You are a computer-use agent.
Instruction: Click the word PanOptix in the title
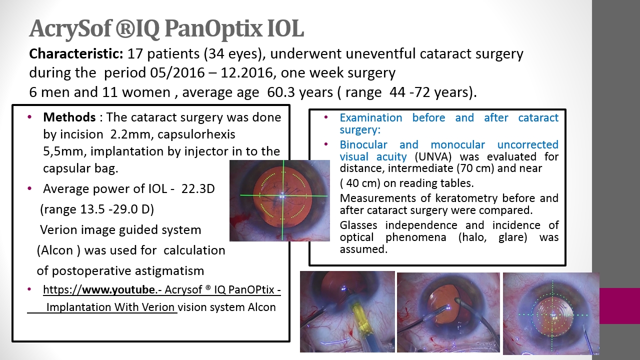[213, 29]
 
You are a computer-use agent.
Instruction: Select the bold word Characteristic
[76, 53]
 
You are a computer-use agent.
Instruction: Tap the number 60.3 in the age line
[278, 92]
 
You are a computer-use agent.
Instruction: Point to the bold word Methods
[69, 117]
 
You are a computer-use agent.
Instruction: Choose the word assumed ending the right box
[363, 249]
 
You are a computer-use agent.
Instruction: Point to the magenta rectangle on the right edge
[619, 305]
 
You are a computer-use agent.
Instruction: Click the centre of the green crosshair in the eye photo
[283, 195]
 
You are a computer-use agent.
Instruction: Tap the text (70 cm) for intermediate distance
[475, 168]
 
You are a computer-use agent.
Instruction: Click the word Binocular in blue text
[363, 145]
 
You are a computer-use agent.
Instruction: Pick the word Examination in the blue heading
[371, 117]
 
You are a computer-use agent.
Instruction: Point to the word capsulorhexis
[196, 134]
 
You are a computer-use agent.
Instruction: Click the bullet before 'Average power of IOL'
[29, 188]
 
